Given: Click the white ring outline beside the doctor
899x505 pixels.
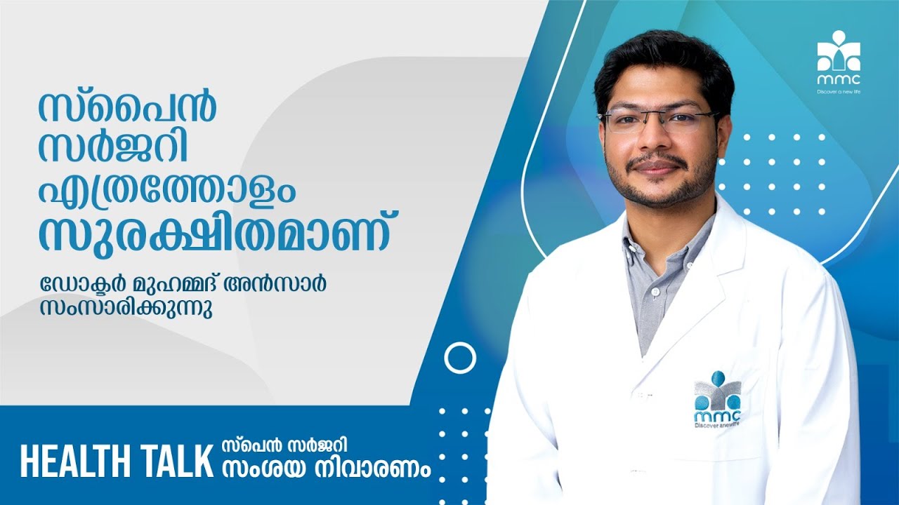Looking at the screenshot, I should [460, 358].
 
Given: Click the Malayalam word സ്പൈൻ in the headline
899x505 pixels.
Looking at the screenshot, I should [126, 105].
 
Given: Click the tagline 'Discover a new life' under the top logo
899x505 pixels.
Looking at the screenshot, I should [839, 91].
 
